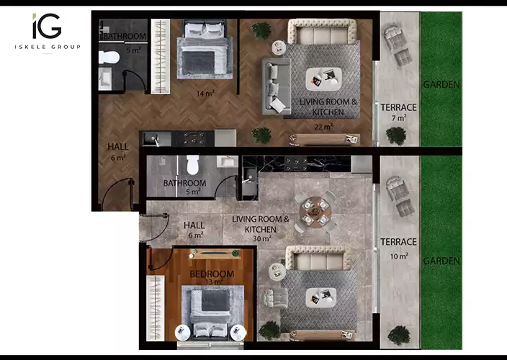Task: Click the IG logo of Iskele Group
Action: tap(47, 26)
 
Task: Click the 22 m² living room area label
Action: tap(323, 127)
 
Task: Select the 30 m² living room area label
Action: tap(262, 238)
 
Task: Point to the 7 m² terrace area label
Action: tap(399, 118)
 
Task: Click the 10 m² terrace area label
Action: tap(399, 256)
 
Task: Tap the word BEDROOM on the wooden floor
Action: tap(212, 274)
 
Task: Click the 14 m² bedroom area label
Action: tap(205, 94)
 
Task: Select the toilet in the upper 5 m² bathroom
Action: tap(109, 58)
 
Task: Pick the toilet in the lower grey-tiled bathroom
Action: tap(193, 165)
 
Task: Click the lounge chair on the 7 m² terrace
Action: tap(398, 45)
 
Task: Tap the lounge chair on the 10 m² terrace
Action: tap(400, 196)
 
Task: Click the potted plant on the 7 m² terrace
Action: tap(396, 136)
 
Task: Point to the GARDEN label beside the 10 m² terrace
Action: tap(441, 261)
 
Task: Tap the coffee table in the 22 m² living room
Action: tap(323, 79)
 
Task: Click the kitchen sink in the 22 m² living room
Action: tap(151, 139)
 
